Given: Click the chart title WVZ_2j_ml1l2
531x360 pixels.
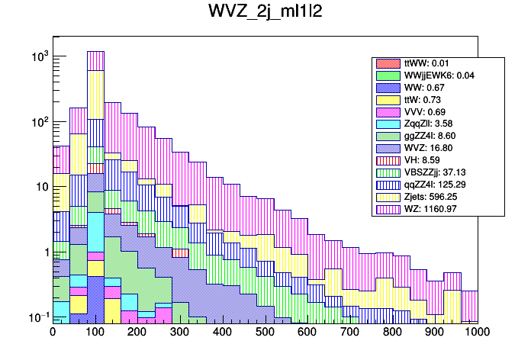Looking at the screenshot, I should coord(265,14).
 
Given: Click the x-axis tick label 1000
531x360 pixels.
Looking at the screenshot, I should coord(476,333).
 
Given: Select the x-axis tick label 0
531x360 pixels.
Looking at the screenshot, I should coord(53,333).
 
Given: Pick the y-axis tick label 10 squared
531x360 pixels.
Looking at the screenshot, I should coord(38,122).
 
